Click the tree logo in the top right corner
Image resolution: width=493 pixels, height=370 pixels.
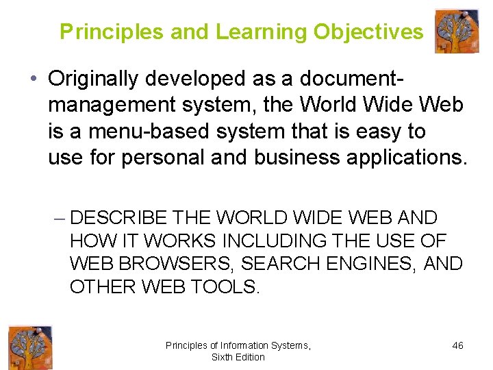457,32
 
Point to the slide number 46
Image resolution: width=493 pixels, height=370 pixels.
457,345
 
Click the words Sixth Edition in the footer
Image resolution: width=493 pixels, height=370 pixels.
238,357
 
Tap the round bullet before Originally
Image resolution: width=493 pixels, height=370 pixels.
34,80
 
